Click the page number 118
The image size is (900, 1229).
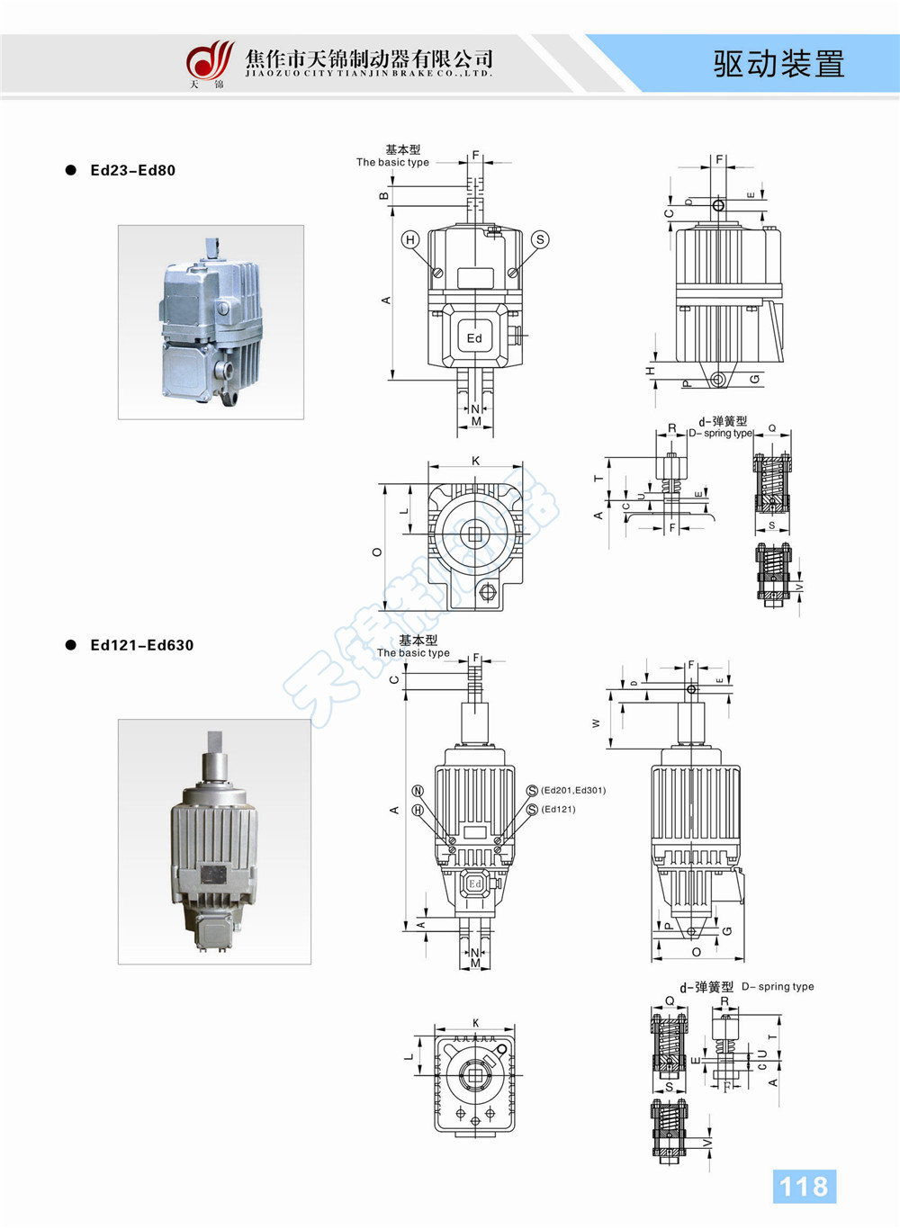click(x=804, y=1186)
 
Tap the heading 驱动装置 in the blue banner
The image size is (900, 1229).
click(x=779, y=64)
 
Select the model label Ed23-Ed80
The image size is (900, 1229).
click(x=132, y=170)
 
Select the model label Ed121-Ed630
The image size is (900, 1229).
click(x=141, y=645)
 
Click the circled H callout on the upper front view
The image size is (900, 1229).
click(x=410, y=239)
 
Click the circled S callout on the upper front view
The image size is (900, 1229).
click(x=540, y=239)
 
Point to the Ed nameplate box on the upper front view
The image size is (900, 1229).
click(x=474, y=337)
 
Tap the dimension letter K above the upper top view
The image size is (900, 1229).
click(x=475, y=461)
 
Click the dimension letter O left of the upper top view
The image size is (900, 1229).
click(x=377, y=552)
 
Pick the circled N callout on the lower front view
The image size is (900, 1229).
click(x=418, y=791)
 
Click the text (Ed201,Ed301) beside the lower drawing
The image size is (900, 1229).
click(x=573, y=790)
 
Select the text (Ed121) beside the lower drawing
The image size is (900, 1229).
click(x=558, y=809)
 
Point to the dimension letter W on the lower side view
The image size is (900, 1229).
click(x=595, y=722)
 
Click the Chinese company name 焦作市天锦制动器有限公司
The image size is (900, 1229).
click(x=369, y=58)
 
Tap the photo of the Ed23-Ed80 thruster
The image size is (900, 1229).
click(x=211, y=322)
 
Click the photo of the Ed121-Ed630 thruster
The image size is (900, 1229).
click(x=214, y=841)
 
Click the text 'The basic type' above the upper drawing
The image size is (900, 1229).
click(x=392, y=163)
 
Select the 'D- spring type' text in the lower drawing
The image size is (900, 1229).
click(x=778, y=987)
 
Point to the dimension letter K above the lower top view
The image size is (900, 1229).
click(x=475, y=1023)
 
